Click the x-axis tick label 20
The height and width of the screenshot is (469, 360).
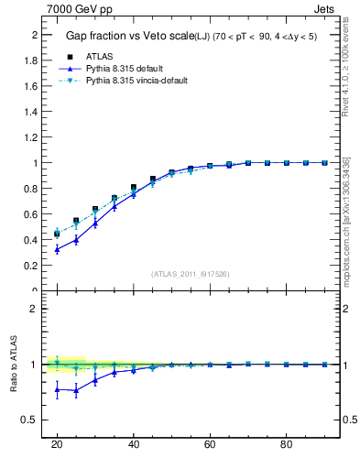click(x=57, y=445)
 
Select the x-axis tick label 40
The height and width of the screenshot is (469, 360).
click(x=134, y=445)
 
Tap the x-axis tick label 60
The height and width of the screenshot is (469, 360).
click(x=210, y=445)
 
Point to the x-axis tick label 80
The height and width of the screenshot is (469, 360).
click(x=287, y=445)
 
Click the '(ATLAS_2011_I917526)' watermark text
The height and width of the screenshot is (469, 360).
click(x=191, y=274)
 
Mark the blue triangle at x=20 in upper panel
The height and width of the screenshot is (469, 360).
click(x=57, y=249)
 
